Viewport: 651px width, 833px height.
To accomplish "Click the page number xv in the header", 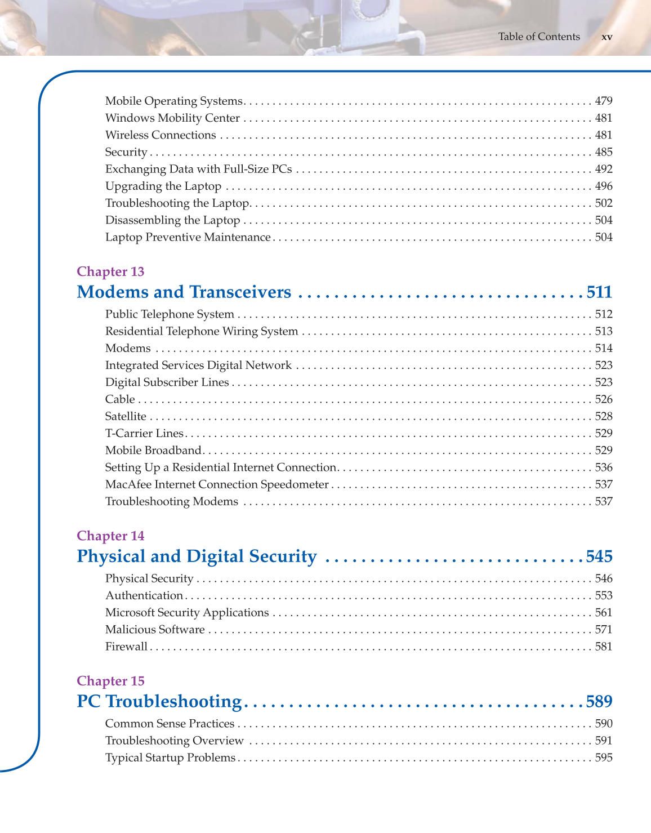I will pyautogui.click(x=607, y=37).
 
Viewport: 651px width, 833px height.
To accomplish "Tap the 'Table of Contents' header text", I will pyautogui.click(x=539, y=37).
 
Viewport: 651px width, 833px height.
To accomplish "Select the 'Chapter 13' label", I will pyautogui.click(x=110, y=271).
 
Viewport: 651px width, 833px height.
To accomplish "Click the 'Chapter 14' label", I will pyautogui.click(x=110, y=536).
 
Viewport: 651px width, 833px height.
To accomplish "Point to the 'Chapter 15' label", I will pyautogui.click(x=110, y=681).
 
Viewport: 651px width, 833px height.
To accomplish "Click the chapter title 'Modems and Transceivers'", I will pyautogui.click(x=184, y=292).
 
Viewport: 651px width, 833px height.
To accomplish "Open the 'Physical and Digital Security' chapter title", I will pyautogui.click(x=197, y=556).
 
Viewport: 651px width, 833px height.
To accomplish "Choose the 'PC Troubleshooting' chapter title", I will pyautogui.click(x=159, y=701).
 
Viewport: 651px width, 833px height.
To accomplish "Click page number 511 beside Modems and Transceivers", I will pyautogui.click(x=599, y=292).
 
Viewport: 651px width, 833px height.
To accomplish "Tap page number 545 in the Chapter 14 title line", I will pyautogui.click(x=599, y=556).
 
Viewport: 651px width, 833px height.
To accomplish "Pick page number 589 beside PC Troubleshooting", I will pyautogui.click(x=599, y=701).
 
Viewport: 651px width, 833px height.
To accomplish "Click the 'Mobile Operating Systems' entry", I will pyautogui.click(x=173, y=101).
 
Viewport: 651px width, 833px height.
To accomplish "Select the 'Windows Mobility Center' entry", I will pyautogui.click(x=172, y=118).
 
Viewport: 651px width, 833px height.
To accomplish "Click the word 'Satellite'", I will pyautogui.click(x=126, y=416).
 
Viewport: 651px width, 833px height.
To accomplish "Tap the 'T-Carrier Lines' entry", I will pyautogui.click(x=144, y=433).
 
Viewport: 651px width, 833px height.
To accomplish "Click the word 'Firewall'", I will pyautogui.click(x=126, y=647).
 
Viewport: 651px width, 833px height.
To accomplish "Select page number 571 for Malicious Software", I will pyautogui.click(x=604, y=630).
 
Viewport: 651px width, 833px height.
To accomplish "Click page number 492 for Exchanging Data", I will pyautogui.click(x=604, y=169).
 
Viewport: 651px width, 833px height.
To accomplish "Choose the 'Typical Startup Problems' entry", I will pyautogui.click(x=170, y=758).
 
